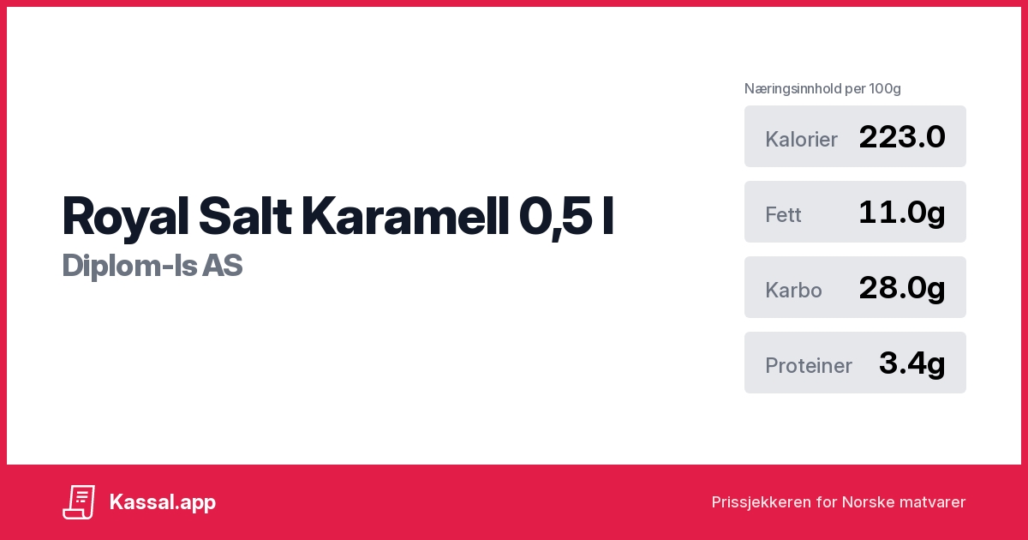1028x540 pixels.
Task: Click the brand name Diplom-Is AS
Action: (152, 266)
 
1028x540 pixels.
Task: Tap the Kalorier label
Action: (801, 140)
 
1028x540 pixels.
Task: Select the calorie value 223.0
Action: (901, 137)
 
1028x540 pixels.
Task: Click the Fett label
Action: (783, 215)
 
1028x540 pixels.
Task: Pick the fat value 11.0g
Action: (901, 213)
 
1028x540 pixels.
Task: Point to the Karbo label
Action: (793, 291)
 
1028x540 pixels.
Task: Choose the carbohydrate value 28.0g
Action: (901, 288)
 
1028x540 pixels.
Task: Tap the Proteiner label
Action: (808, 366)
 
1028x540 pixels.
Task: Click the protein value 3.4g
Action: (911, 363)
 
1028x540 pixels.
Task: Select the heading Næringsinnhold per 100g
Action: (822, 88)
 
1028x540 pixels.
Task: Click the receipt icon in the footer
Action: (79, 502)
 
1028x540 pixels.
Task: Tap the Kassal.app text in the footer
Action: (163, 502)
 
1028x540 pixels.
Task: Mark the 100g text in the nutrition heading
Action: (884, 88)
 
